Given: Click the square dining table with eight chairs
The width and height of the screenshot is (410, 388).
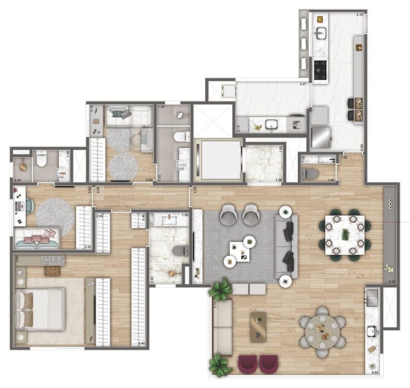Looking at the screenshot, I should (345, 235).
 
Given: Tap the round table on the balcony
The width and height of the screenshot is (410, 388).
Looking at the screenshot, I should (322, 328).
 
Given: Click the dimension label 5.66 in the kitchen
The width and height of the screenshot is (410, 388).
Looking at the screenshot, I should (362, 145).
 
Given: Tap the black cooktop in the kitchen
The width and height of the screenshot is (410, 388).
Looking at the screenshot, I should (320, 70).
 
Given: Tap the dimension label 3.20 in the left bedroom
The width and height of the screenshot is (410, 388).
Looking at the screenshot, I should (87, 247).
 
